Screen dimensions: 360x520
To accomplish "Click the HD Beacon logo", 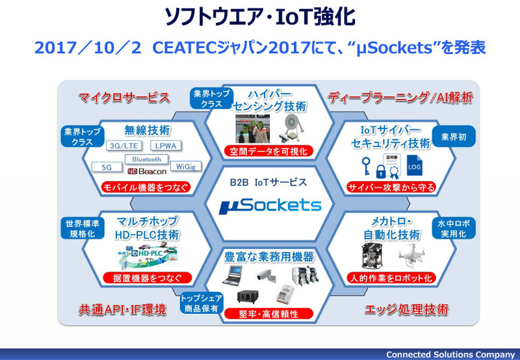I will (147, 172).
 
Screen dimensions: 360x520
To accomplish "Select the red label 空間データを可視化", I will (270, 151).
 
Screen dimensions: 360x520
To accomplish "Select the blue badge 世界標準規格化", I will (81, 228).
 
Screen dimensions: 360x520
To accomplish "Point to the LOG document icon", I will (414, 166).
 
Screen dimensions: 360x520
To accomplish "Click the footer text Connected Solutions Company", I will (450, 354).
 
